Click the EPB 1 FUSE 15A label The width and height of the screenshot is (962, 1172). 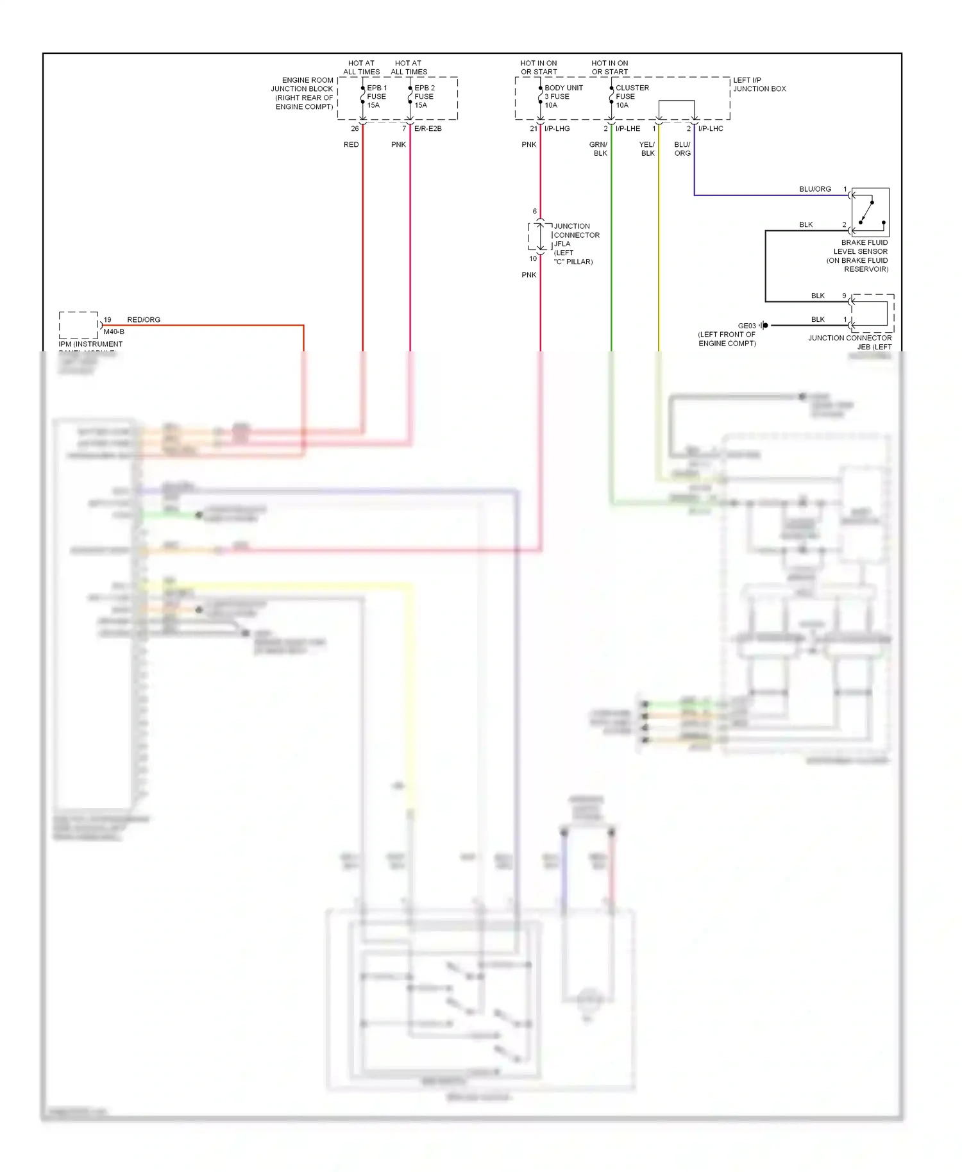click(x=376, y=96)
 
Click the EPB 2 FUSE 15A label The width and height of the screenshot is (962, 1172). click(x=423, y=96)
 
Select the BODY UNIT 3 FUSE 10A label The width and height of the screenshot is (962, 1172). click(x=562, y=96)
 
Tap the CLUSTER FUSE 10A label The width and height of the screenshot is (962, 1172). click(x=631, y=96)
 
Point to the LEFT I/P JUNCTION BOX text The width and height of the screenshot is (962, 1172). click(x=759, y=85)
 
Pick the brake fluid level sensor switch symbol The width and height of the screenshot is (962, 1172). click(x=870, y=212)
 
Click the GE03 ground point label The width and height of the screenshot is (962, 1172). click(x=747, y=326)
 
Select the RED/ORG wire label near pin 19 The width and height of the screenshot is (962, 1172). click(x=144, y=319)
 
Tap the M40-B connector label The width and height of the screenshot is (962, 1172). click(x=114, y=331)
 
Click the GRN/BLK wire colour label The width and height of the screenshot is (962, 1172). click(x=598, y=149)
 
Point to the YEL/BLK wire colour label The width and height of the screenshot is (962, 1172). click(x=647, y=149)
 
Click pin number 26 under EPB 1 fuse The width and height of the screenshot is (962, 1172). click(x=355, y=128)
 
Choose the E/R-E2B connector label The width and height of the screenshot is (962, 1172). click(x=428, y=128)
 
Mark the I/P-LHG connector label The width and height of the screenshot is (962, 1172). click(x=557, y=128)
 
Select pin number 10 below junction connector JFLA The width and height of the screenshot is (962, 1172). click(x=533, y=258)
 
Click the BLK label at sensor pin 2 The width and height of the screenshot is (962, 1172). click(x=806, y=224)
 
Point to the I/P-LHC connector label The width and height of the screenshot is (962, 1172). click(x=711, y=128)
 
